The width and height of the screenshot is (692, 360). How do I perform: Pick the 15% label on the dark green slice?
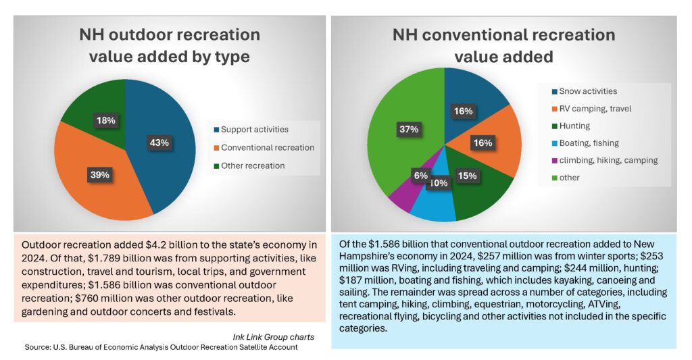(x=468, y=176)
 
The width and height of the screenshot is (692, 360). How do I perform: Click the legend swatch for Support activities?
(x=216, y=128)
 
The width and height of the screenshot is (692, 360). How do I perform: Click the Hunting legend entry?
(x=575, y=126)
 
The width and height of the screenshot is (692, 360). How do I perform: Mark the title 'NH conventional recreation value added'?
(x=503, y=45)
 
